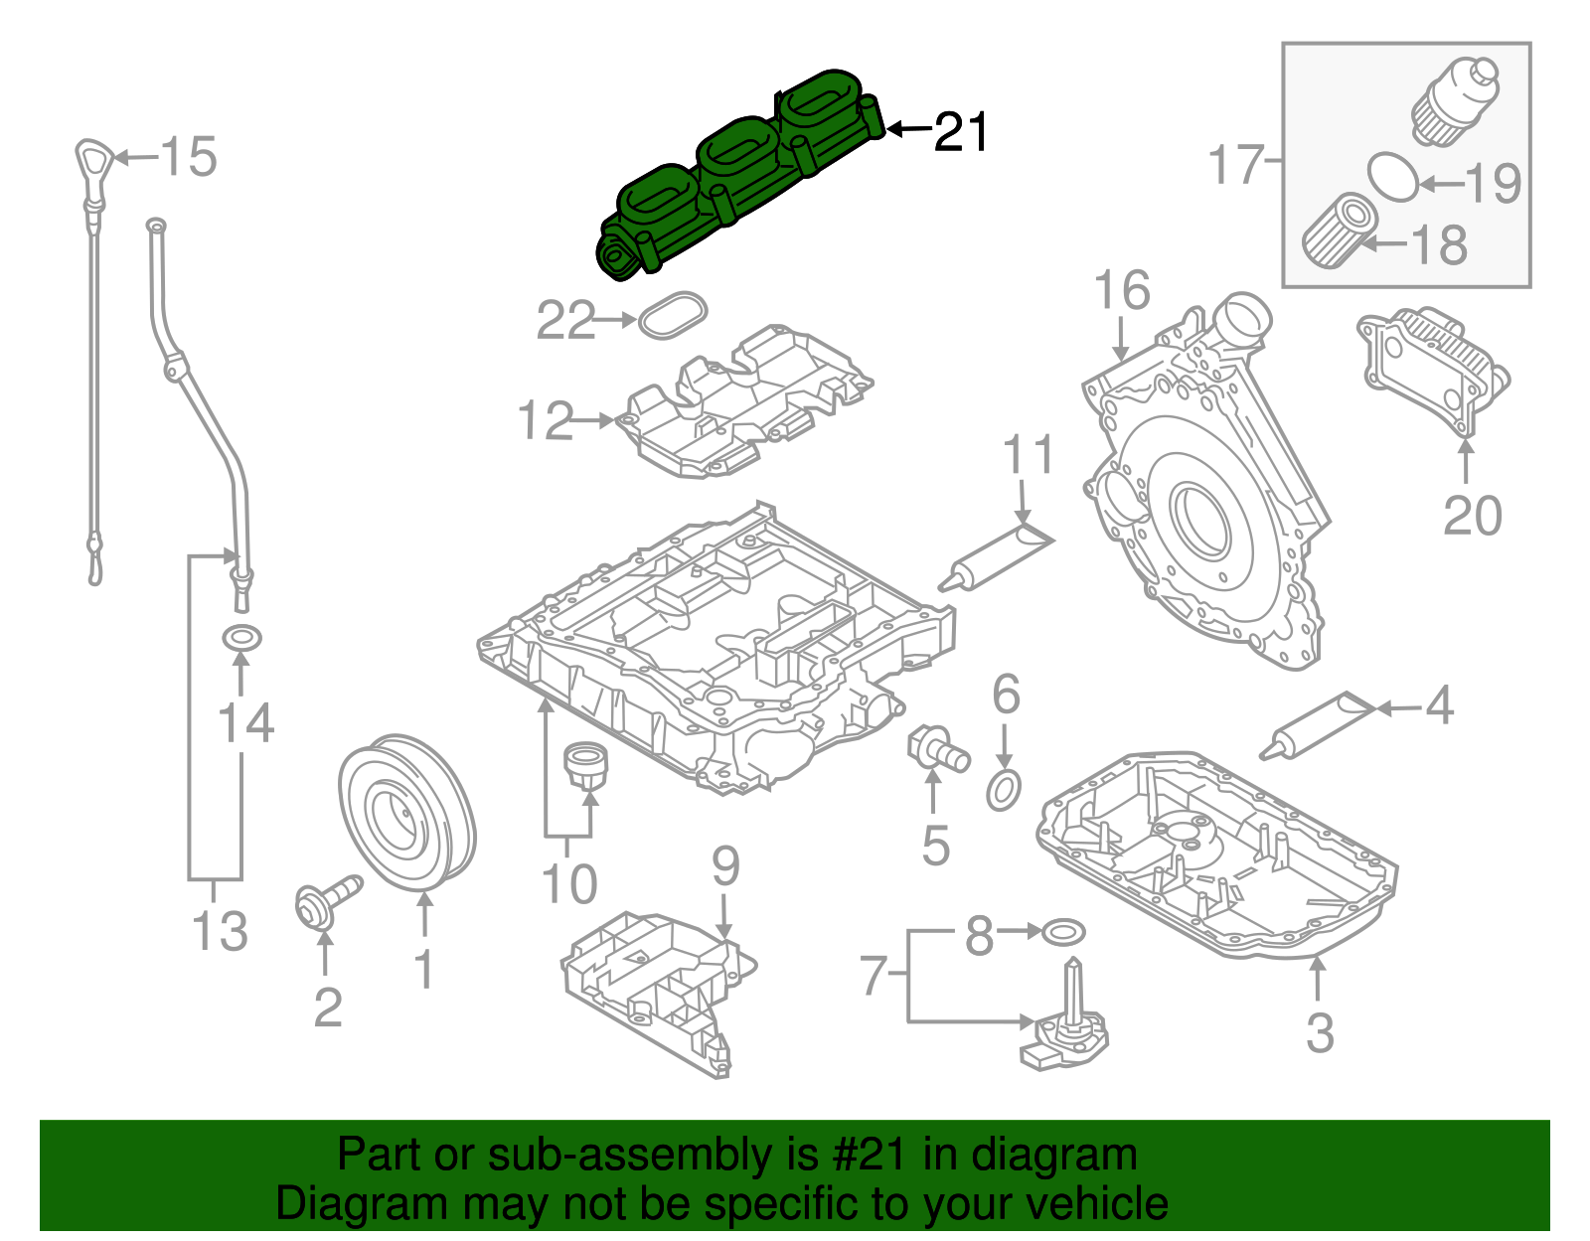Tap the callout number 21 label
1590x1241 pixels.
[x=961, y=131]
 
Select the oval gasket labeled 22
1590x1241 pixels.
[x=673, y=314]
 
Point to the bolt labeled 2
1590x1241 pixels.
[x=326, y=898]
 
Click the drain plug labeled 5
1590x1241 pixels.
[x=936, y=748]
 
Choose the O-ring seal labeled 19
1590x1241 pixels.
[x=1393, y=176]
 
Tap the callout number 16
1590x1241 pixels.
[x=1121, y=290]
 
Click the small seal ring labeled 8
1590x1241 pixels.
[x=1062, y=932]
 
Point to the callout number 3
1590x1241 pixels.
[x=1319, y=1032]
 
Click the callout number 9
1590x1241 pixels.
[x=725, y=866]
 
